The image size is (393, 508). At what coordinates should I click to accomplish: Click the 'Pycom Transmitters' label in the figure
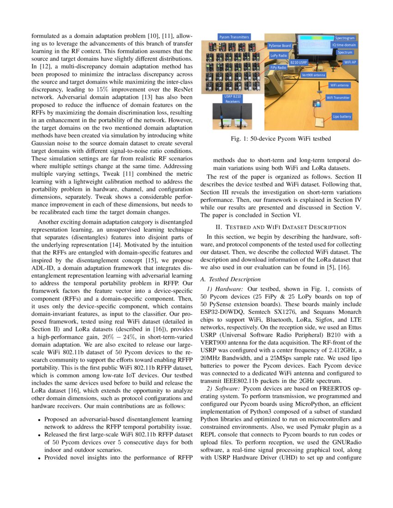point(234,37)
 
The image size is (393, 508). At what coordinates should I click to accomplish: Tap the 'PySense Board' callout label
point(280,46)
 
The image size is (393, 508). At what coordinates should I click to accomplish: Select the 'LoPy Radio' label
point(279,55)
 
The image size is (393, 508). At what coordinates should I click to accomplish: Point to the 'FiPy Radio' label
point(278,67)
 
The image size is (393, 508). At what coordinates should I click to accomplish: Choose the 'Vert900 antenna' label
point(313,74)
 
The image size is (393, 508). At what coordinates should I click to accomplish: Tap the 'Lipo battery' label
point(343,117)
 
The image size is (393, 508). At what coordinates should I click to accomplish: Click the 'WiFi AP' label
point(350,62)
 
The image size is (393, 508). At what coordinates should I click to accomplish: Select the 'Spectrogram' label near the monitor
point(345,37)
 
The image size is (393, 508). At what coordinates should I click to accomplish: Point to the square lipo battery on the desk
point(319,121)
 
